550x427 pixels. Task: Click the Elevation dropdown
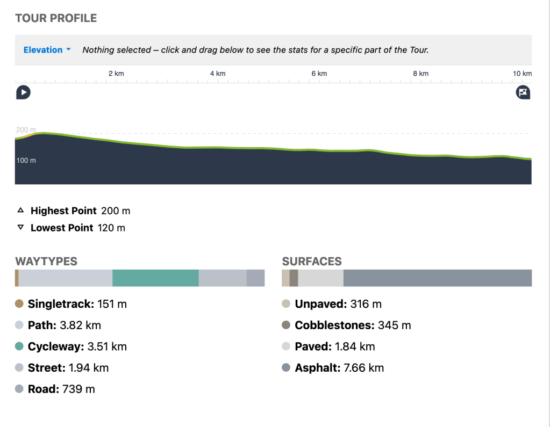click(47, 50)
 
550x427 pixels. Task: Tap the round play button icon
click(23, 92)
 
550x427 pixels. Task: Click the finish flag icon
click(523, 92)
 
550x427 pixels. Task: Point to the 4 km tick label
click(217, 74)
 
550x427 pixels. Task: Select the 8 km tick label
click(420, 74)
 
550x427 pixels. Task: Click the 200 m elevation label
click(26, 130)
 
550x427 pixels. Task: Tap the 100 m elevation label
click(26, 161)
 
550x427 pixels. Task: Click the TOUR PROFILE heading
click(56, 18)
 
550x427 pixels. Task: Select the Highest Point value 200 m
click(116, 211)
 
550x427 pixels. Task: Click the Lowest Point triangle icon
click(20, 228)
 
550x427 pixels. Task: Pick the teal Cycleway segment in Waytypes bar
click(155, 278)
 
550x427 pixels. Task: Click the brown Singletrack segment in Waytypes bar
click(17, 278)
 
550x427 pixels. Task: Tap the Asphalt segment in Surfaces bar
click(437, 278)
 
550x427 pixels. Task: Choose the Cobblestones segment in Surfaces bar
click(294, 278)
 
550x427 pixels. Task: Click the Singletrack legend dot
click(19, 304)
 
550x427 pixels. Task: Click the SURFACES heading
click(312, 262)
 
